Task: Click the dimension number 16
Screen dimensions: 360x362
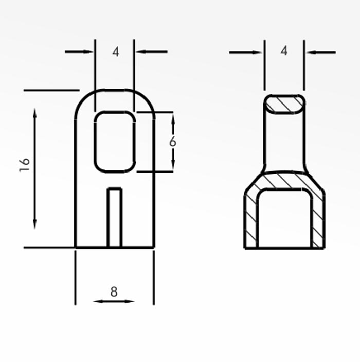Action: pyautogui.click(x=25, y=165)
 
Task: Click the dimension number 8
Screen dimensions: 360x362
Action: pyautogui.click(x=114, y=291)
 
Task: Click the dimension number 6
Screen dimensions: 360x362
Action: pyautogui.click(x=173, y=142)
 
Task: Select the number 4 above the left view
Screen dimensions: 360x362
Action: pyautogui.click(x=116, y=51)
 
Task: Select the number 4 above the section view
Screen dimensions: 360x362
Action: pyautogui.click(x=284, y=50)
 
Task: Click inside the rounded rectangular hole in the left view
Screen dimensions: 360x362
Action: pyautogui.click(x=115, y=142)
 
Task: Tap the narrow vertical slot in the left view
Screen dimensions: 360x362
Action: pyautogui.click(x=115, y=217)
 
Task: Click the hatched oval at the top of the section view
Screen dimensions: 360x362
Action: pyautogui.click(x=284, y=104)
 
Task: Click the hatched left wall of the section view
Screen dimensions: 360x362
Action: pyautogui.click(x=250, y=221)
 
